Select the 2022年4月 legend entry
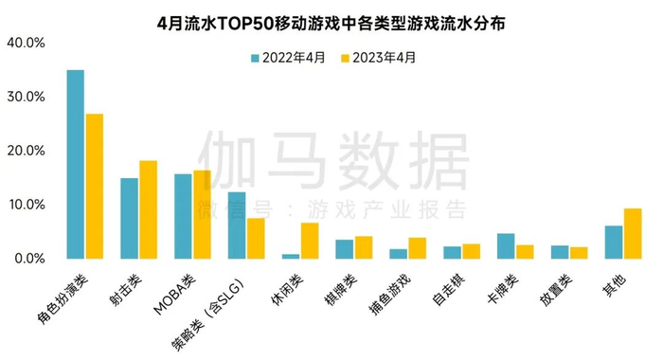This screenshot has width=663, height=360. [287, 57]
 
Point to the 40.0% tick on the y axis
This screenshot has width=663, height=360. [26, 44]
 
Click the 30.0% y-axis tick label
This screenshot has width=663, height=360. [26, 98]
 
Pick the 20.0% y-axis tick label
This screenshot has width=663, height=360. [26, 152]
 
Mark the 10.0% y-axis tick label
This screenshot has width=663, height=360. [26, 205]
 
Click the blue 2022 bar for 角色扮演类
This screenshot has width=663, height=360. [75, 164]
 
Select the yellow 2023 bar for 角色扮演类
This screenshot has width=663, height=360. [94, 186]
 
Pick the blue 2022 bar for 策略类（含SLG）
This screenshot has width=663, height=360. [237, 225]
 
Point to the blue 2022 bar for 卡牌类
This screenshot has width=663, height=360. [507, 245]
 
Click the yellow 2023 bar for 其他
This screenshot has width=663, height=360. [634, 233]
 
